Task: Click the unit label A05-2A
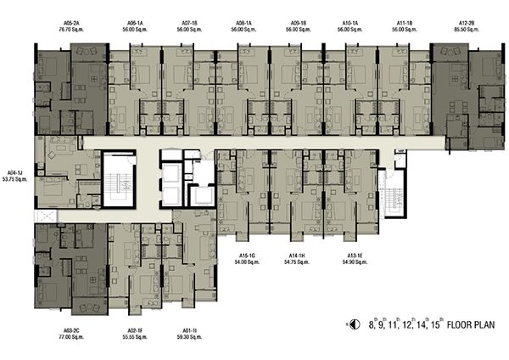coord(71,24)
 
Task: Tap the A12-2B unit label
coord(467,24)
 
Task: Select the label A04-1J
coord(14,173)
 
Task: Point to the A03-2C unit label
coord(71,331)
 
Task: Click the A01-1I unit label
coord(189,331)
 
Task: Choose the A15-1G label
coord(247,256)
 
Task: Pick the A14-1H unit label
coord(297,256)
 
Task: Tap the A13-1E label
coord(355,256)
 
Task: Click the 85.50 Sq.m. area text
coord(467,30)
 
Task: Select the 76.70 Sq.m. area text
coord(71,30)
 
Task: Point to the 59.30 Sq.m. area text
coord(189,337)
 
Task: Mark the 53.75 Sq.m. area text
coord(14,179)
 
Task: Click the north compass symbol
coord(355,324)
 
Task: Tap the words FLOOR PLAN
coord(471,325)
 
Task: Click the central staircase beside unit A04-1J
coord(119,179)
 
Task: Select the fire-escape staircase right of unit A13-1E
coord(394,193)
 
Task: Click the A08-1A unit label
coord(243,24)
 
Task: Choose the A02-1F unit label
coord(135,331)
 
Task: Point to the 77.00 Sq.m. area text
coord(71,337)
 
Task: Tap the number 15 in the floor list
coord(435,325)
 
